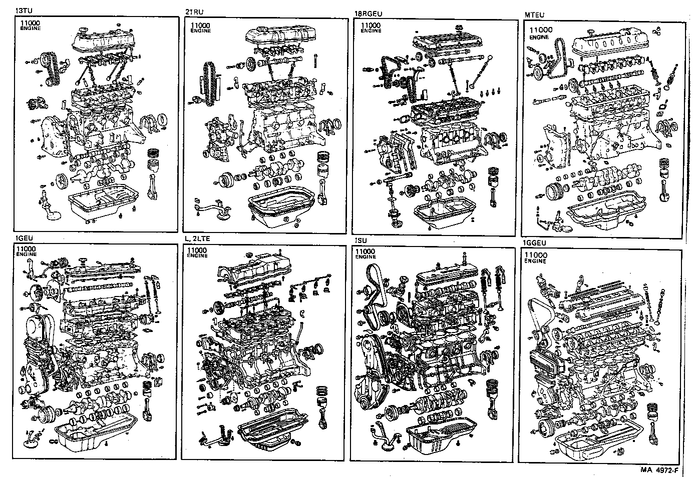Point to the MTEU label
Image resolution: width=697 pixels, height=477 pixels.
coord(534,15)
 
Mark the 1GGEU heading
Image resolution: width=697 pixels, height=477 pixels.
coord(535,243)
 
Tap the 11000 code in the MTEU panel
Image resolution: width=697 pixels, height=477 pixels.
coord(541,30)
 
